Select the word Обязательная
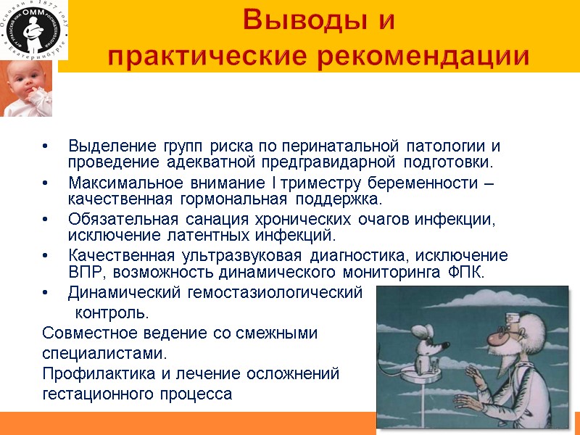[112, 220]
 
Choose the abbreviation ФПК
[464, 273]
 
